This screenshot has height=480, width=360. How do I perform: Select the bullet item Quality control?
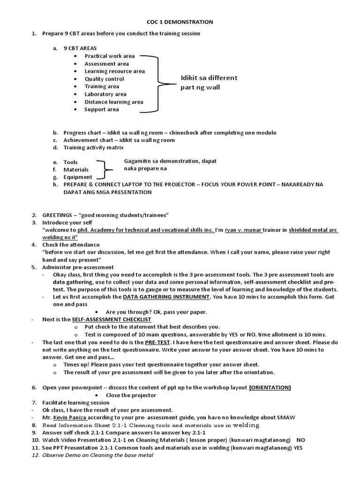104,79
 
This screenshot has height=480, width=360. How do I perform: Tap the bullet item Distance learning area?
113,102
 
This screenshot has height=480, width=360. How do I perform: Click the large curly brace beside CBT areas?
157,84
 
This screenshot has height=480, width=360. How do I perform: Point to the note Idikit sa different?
209,78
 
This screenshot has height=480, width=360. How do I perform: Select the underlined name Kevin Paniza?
70,417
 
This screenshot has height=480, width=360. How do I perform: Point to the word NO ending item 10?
301,440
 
